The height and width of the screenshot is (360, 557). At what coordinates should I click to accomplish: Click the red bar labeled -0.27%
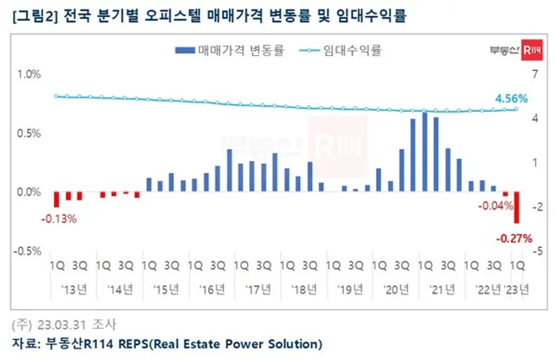517,207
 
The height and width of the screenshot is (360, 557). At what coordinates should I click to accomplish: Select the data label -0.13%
59,219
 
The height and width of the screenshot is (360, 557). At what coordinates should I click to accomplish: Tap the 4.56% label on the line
511,98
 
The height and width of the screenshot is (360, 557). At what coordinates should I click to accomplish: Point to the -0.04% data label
496,205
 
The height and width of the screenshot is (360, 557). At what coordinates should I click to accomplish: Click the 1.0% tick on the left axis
28,74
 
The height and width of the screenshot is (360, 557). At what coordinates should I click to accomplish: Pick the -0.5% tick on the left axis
27,251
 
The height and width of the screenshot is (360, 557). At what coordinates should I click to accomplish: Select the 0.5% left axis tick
28,134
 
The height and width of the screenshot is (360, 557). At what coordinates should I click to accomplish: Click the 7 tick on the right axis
535,74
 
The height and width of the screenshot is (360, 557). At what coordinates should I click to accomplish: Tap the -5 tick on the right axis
537,251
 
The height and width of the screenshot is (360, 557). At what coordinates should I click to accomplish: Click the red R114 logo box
532,50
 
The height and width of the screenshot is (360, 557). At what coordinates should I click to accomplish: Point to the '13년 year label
74,289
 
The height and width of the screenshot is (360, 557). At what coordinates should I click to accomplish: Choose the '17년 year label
258,289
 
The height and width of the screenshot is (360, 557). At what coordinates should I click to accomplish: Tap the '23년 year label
517,289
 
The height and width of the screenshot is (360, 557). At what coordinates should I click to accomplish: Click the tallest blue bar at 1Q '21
425,152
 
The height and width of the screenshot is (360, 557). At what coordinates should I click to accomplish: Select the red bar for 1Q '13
56,199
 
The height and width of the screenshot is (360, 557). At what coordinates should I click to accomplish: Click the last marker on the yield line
516,109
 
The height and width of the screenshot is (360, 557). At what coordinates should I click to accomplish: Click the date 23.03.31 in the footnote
62,325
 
